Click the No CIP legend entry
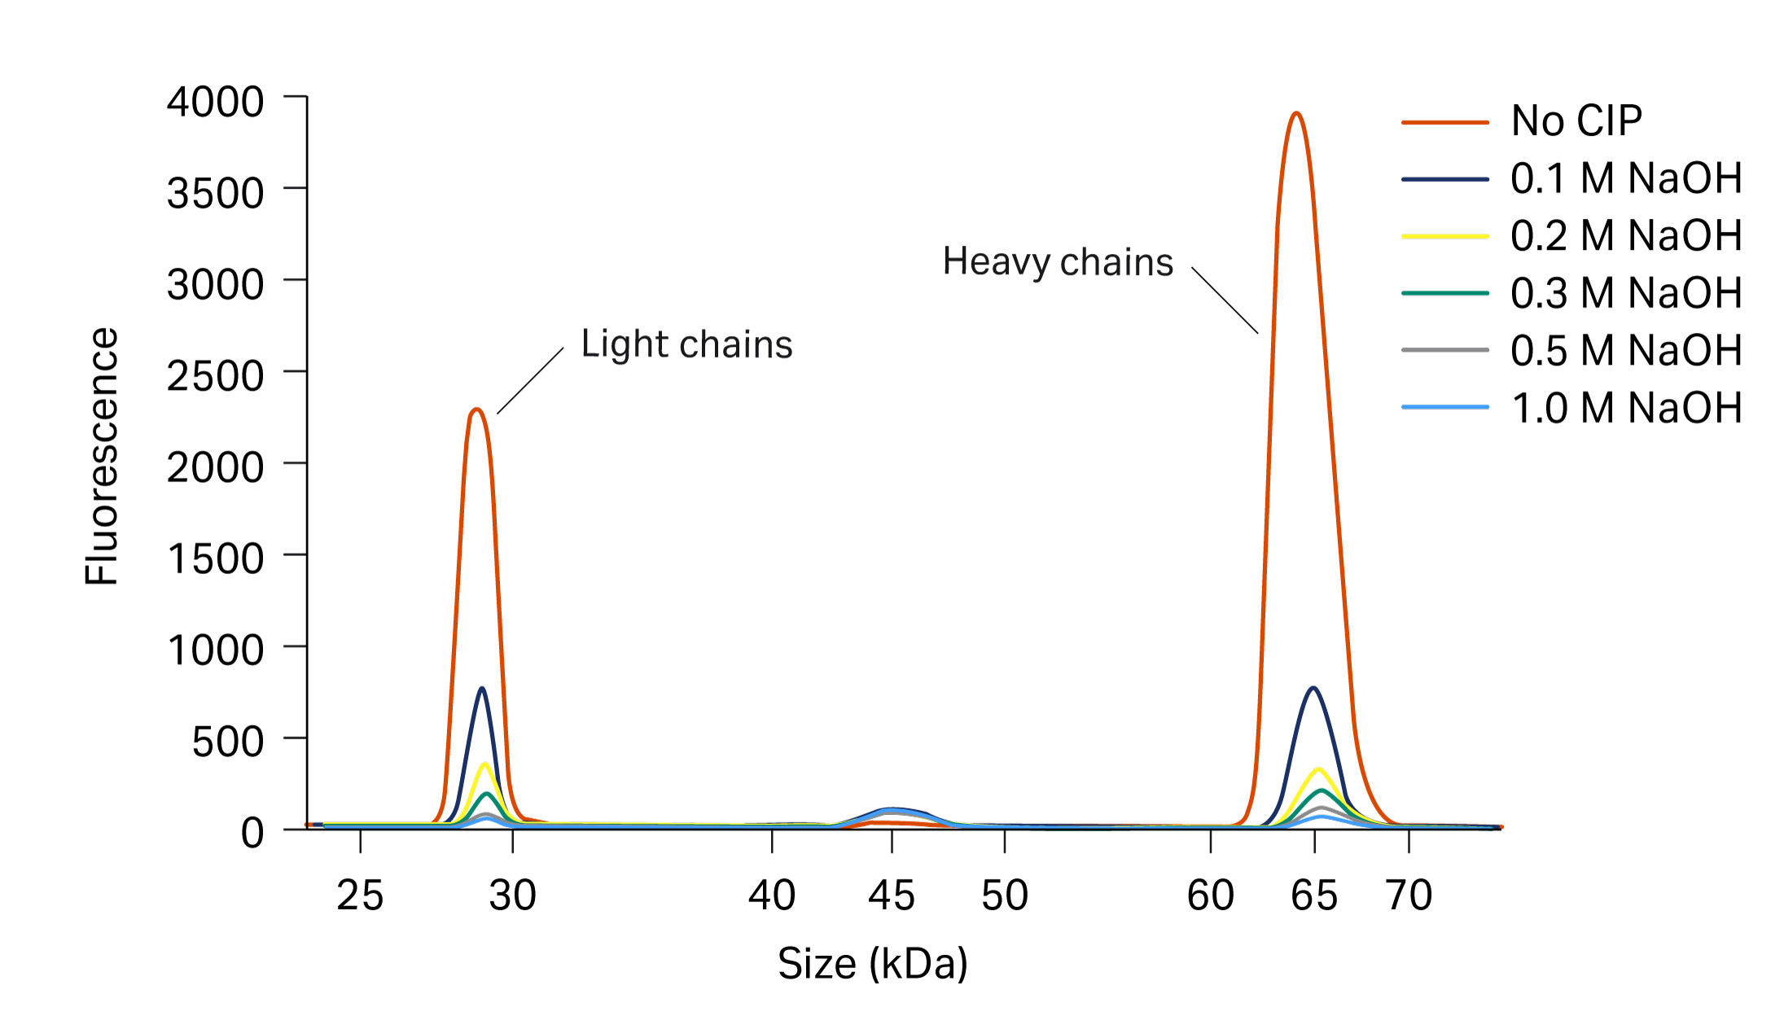tap(1576, 121)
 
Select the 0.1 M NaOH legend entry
tap(1625, 178)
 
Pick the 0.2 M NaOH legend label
tap(1625, 236)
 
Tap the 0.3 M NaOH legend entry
tap(1625, 293)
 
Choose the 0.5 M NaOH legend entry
tap(1625, 351)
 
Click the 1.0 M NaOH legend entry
tap(1625, 408)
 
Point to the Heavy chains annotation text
tap(1058, 263)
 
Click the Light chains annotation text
tap(686, 344)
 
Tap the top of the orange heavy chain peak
tap(1296, 114)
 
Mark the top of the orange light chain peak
tap(477, 409)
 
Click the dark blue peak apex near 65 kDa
tap(1313, 689)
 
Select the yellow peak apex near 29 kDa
tap(485, 764)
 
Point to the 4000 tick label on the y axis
tap(215, 103)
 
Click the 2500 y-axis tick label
tap(215, 376)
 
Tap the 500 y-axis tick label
tap(227, 742)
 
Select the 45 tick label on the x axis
tap(892, 896)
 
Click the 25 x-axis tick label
tap(360, 896)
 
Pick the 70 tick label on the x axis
tap(1409, 896)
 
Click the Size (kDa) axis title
tap(872, 964)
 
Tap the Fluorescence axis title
tap(103, 456)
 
